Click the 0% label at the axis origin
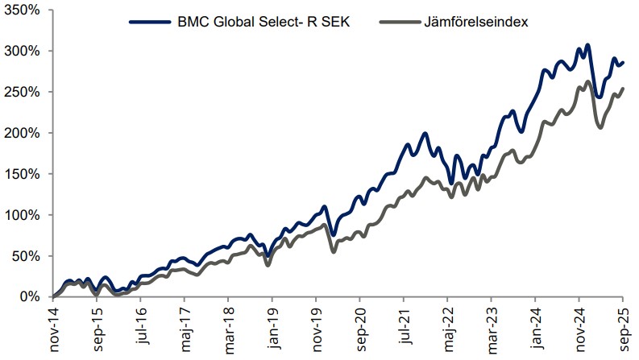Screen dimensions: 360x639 pos(31,297)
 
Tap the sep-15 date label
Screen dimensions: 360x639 pos(97,328)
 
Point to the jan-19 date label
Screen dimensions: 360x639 pos(272,328)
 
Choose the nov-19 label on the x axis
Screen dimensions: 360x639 pos(317,328)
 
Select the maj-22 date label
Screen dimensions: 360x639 pos(450,328)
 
